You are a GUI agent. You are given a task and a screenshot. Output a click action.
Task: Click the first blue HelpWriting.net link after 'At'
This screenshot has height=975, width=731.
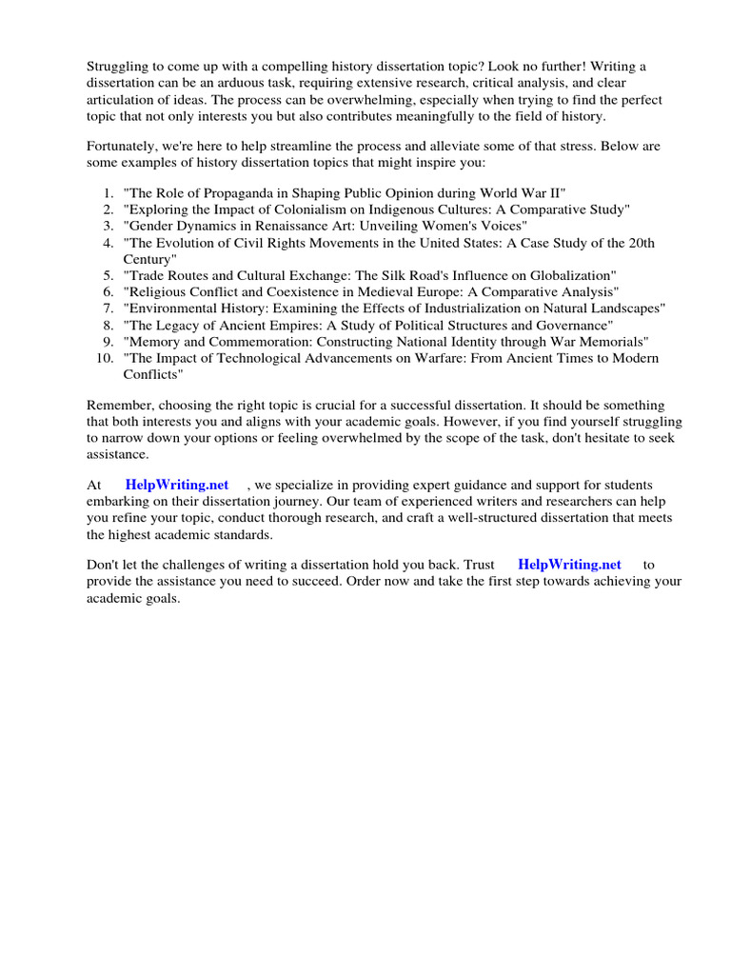(177, 485)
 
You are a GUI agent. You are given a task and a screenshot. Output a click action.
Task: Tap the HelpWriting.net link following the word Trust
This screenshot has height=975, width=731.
(569, 564)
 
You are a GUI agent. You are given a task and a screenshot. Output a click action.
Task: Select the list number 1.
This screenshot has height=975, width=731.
(108, 192)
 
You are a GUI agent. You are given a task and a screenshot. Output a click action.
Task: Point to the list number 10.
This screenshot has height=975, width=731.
(105, 358)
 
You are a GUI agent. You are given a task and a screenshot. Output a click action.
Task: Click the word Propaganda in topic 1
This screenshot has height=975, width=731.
(241, 192)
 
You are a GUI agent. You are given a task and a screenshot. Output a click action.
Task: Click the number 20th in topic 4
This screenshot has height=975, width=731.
(637, 243)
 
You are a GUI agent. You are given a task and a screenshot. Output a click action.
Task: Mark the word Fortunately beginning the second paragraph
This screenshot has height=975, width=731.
(124, 147)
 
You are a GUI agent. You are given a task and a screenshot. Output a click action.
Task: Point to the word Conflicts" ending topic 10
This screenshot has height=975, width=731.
(153, 374)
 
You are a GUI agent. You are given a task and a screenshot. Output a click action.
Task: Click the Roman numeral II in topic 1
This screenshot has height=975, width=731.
(559, 192)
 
